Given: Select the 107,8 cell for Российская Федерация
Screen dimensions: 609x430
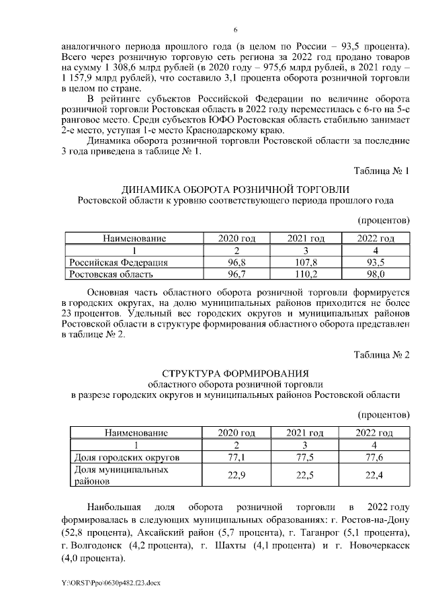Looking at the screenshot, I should tap(306, 262).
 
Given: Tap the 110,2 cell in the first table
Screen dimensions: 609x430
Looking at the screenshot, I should tap(306, 274).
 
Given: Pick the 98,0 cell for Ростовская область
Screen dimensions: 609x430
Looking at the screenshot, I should tap(374, 274).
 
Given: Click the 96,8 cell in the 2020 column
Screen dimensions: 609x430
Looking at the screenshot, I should tap(236, 262).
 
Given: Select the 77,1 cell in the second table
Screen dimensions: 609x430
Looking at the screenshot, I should tap(236, 457).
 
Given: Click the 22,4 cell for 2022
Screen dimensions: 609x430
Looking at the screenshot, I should tap(374, 475).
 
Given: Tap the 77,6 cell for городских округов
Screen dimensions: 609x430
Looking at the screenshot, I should tap(374, 457).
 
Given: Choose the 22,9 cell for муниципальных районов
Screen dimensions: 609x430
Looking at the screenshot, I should tap(236, 475).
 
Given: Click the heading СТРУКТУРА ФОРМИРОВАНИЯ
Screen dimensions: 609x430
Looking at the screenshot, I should tap(235, 372).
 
